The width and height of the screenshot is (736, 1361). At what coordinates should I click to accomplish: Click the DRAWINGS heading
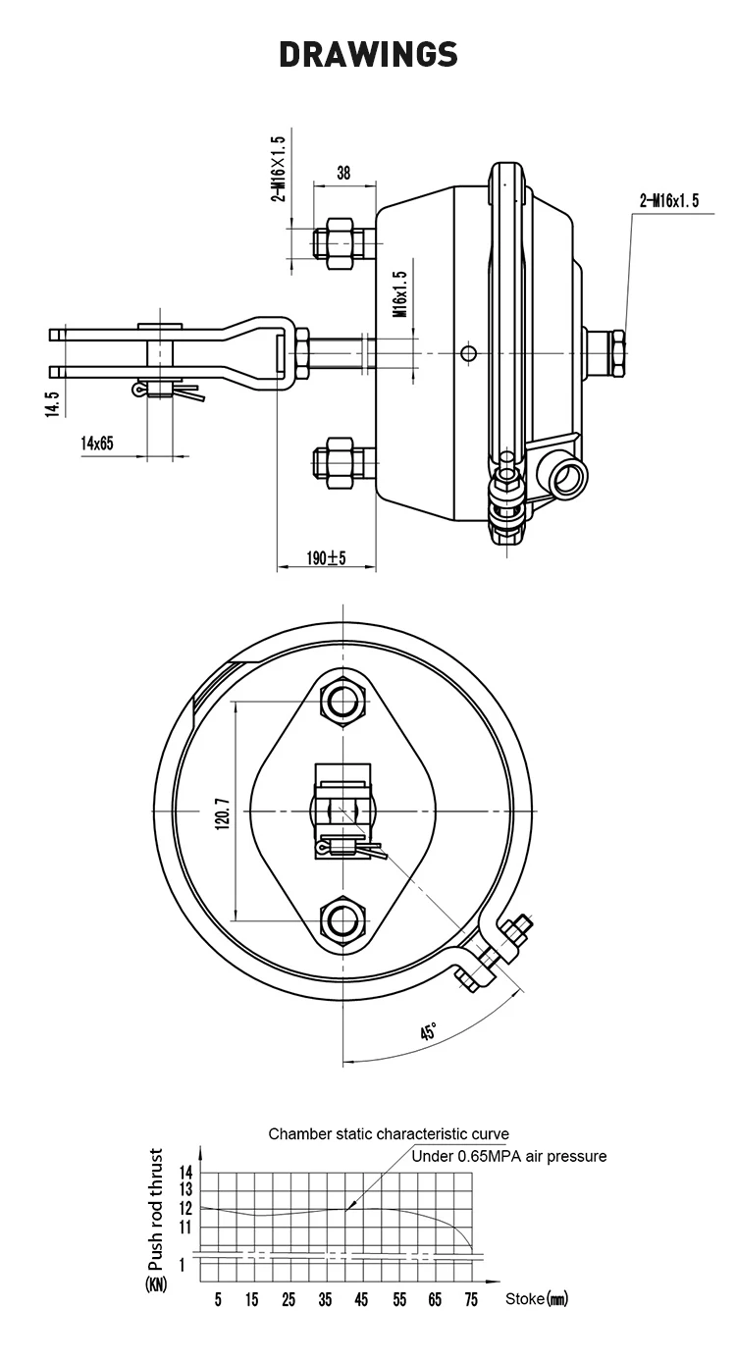[x=368, y=54]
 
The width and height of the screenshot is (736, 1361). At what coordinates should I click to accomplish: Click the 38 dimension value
[x=342, y=173]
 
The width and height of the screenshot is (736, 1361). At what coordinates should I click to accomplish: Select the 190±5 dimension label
[x=326, y=557]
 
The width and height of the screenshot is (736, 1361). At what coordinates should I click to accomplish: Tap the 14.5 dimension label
[x=53, y=403]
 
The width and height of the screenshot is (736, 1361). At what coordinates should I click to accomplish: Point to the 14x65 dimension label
[x=97, y=444]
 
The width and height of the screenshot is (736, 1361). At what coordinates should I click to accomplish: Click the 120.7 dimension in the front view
[x=222, y=811]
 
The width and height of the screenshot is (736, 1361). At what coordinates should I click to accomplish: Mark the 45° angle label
[x=429, y=1031]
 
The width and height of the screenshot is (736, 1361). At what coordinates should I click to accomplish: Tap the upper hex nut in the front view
[x=343, y=701]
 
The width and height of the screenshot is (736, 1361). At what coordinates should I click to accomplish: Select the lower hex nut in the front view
[x=343, y=920]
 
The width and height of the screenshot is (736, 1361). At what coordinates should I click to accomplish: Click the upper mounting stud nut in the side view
[x=336, y=240]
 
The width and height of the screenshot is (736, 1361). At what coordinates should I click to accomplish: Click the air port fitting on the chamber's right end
[x=606, y=351]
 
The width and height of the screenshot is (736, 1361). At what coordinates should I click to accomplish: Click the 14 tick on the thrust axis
[x=185, y=1172]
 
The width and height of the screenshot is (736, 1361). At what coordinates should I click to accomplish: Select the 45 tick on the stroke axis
[x=362, y=1299]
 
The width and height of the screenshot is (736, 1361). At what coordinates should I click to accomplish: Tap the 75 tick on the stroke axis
[x=471, y=1299]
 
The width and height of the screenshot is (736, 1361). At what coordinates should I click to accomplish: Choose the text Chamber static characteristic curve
[x=389, y=1134]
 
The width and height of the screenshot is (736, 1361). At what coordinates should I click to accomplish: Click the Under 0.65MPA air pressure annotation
[x=508, y=1156]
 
